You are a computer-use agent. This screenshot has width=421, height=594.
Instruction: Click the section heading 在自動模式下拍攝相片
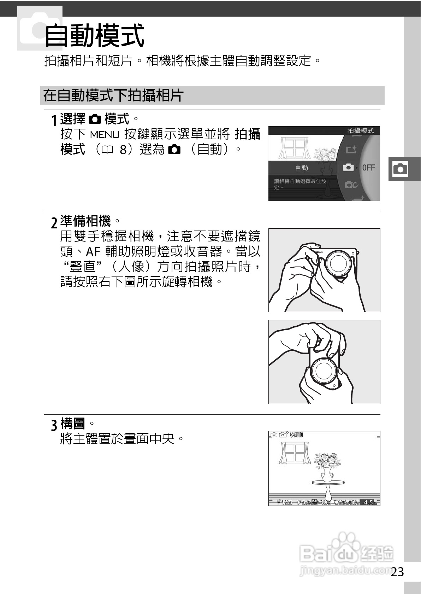[x=113, y=95]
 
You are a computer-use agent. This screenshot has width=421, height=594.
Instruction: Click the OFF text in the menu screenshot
[x=368, y=168]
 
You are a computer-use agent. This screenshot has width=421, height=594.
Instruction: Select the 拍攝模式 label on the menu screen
[x=360, y=130]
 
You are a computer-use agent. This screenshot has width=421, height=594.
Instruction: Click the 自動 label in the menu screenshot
[x=302, y=168]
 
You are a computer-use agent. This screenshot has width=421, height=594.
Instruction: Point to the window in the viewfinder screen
[x=295, y=453]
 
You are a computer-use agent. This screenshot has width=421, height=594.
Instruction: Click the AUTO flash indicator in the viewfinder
[x=297, y=435]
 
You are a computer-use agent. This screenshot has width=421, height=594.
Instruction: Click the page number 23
[x=397, y=572]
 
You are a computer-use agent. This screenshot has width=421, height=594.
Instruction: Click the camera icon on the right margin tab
[x=400, y=169]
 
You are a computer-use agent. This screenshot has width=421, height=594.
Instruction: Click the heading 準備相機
[x=85, y=221]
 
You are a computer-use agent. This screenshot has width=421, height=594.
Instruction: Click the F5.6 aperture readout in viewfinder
[x=304, y=502]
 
